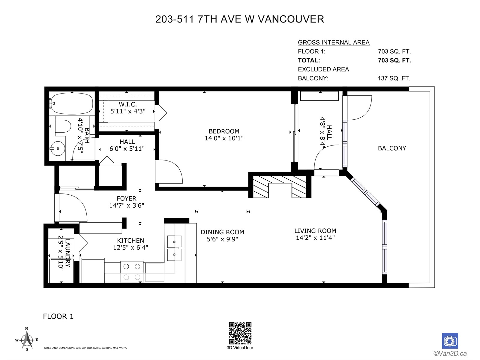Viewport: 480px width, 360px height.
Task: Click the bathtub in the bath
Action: click(x=71, y=103)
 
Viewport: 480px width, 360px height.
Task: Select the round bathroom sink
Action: click(x=57, y=148)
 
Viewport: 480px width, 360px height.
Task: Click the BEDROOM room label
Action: click(x=224, y=131)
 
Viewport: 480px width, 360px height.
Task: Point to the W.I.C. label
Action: click(x=128, y=104)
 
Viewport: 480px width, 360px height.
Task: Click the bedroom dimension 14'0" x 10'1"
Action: click(x=224, y=138)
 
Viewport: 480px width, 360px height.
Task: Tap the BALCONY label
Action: click(x=392, y=148)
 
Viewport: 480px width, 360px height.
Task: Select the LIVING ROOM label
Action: click(x=315, y=231)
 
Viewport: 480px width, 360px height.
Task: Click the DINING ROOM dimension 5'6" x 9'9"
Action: click(x=222, y=239)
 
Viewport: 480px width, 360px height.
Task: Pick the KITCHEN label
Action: click(x=130, y=240)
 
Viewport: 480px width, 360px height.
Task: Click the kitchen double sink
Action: click(x=175, y=248)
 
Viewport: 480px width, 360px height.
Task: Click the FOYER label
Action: click(x=126, y=199)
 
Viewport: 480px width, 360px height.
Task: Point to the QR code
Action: click(x=240, y=333)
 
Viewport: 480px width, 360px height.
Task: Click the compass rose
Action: click(x=27, y=340)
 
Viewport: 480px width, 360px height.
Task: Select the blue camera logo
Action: click(x=450, y=341)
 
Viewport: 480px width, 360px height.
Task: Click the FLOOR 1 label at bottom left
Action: click(x=58, y=316)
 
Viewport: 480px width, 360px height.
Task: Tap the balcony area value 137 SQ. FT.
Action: click(x=394, y=78)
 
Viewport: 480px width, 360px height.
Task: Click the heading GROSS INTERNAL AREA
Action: click(x=334, y=42)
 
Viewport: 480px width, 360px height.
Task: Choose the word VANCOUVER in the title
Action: click(x=291, y=19)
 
